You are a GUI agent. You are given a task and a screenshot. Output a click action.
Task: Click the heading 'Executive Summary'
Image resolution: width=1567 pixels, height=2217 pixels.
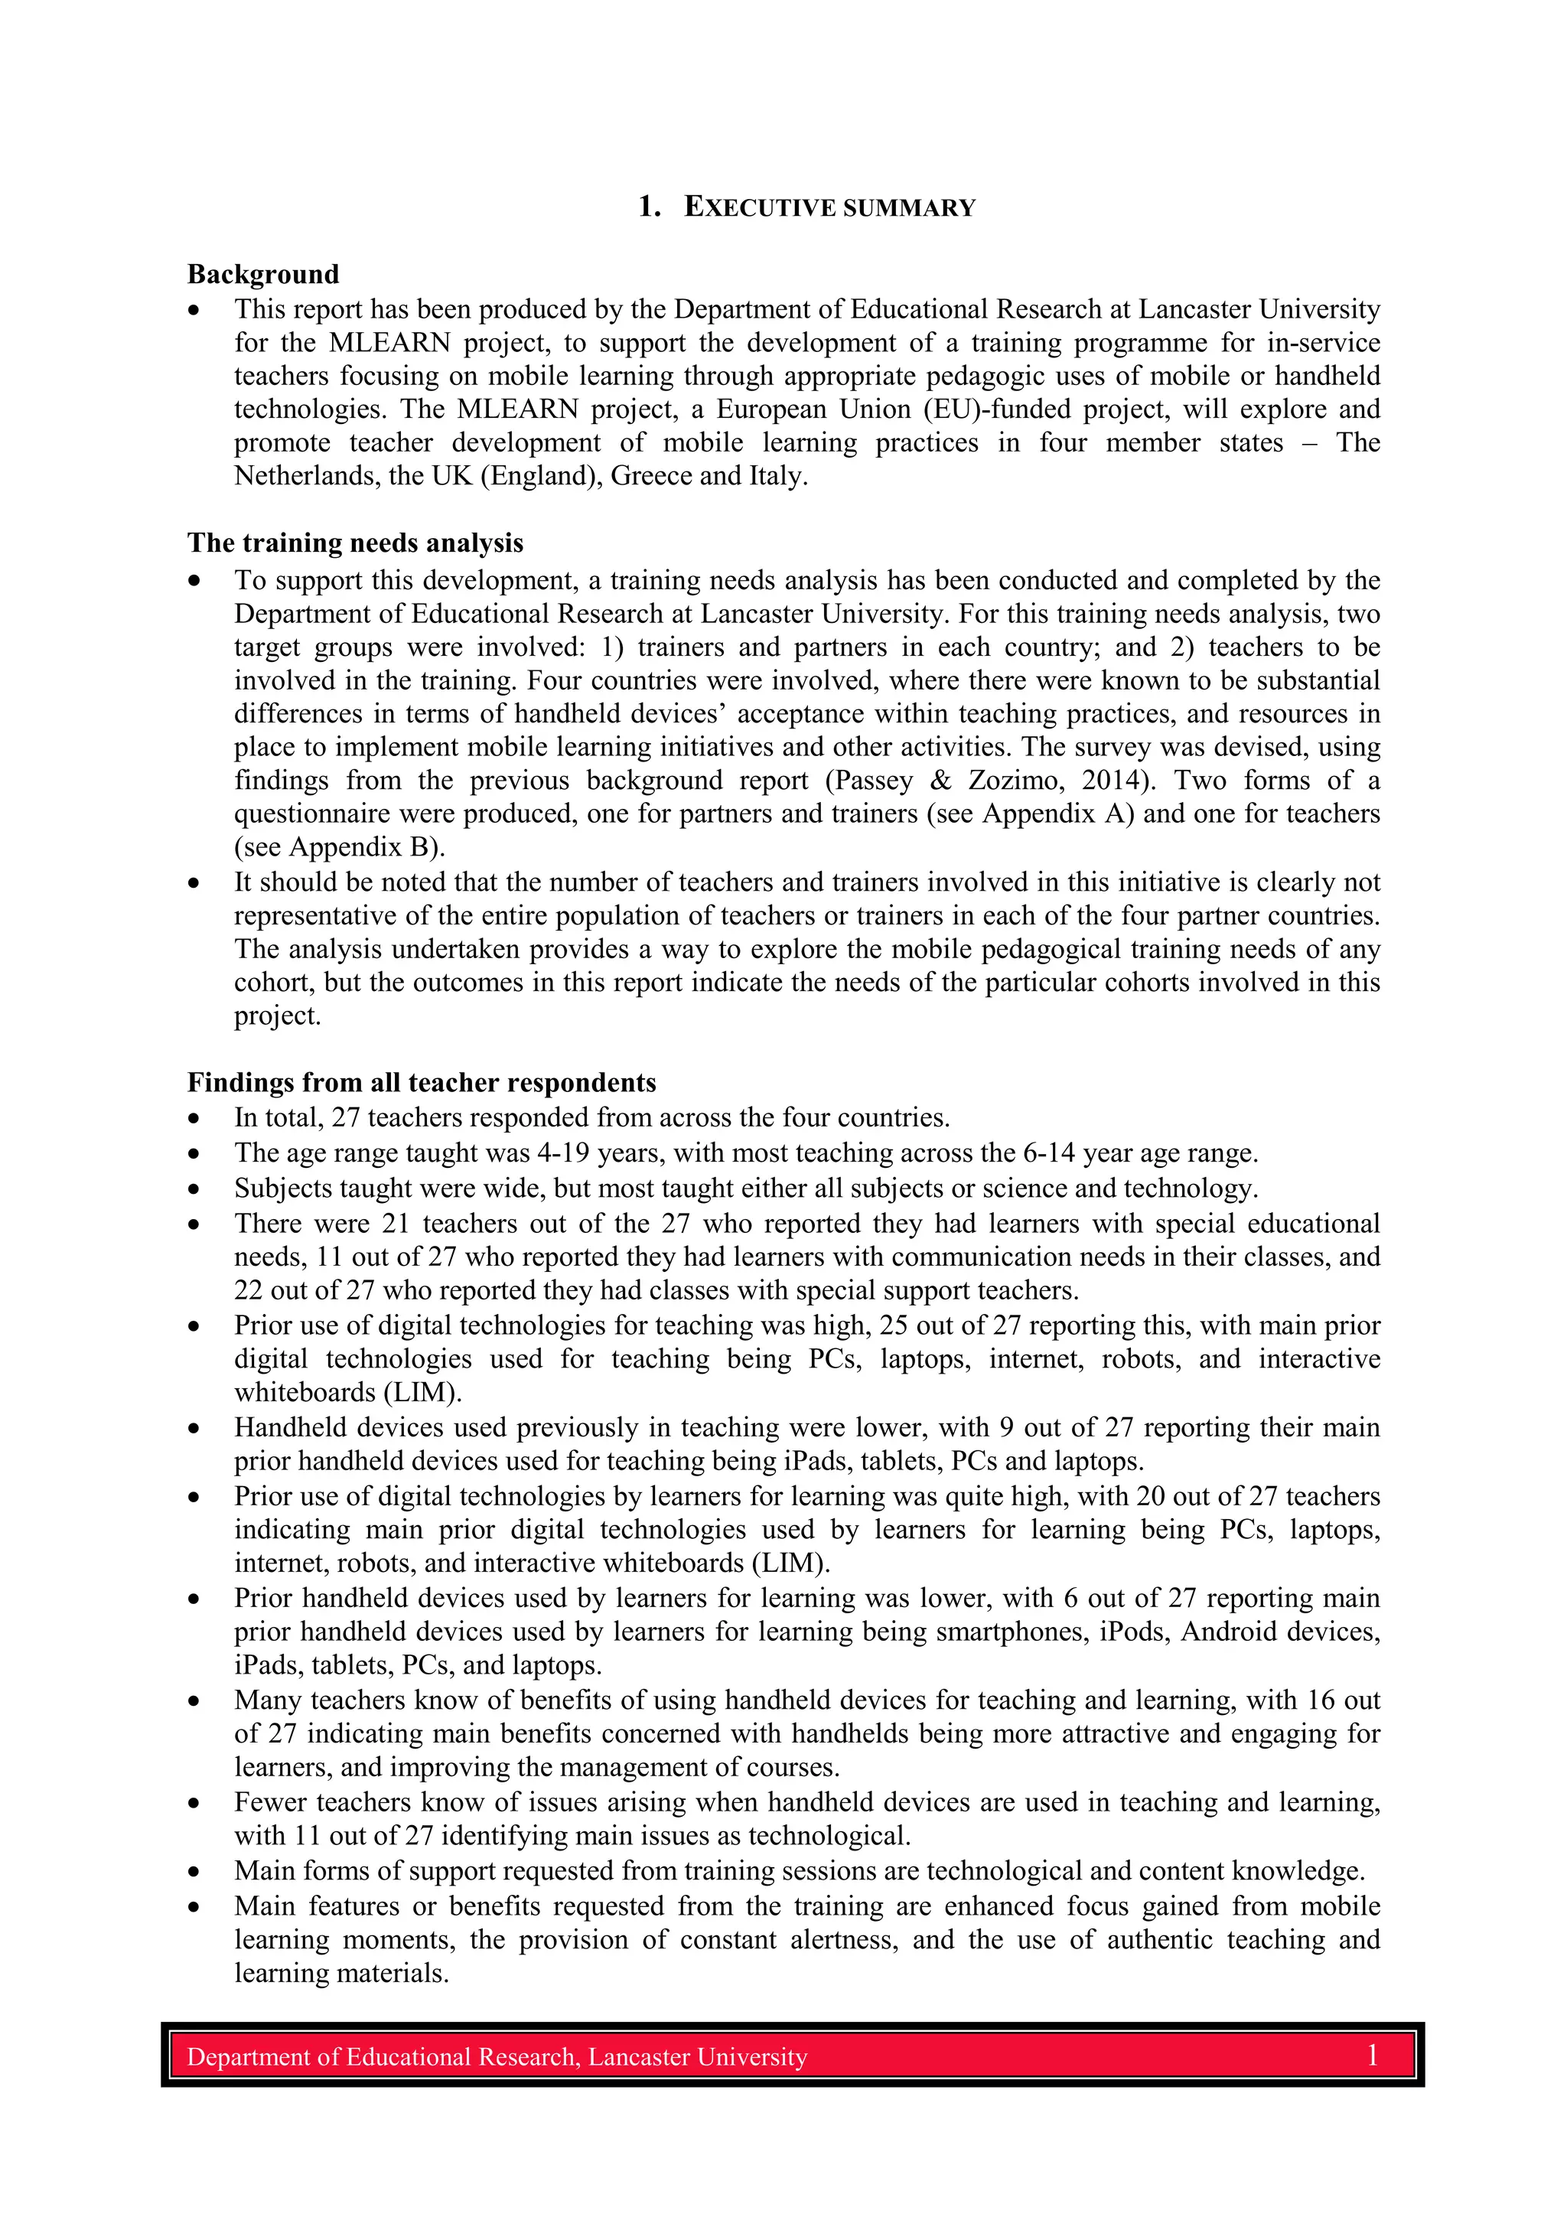coord(806,207)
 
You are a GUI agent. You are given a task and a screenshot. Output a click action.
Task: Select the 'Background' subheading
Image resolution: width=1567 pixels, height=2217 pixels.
coord(262,274)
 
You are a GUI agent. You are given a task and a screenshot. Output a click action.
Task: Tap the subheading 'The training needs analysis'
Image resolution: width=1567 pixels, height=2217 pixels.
coord(354,543)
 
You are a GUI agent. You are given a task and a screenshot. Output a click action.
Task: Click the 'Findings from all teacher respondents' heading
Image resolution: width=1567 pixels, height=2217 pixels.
coord(421,1081)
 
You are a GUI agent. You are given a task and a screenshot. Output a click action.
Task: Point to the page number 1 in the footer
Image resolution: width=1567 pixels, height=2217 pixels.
coord(1371,2055)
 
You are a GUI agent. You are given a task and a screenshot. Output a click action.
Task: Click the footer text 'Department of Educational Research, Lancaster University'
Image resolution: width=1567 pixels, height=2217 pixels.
coord(497,2057)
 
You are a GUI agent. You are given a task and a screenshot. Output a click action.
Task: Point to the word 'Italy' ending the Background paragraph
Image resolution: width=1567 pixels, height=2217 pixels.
coord(777,476)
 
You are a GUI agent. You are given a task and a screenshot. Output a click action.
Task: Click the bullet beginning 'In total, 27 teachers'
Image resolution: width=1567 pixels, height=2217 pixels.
coord(195,1118)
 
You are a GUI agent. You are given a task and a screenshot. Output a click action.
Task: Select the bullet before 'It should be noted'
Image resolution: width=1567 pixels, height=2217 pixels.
coord(195,882)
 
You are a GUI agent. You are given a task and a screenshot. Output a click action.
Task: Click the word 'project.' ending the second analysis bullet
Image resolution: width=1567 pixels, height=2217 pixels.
coord(277,1016)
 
